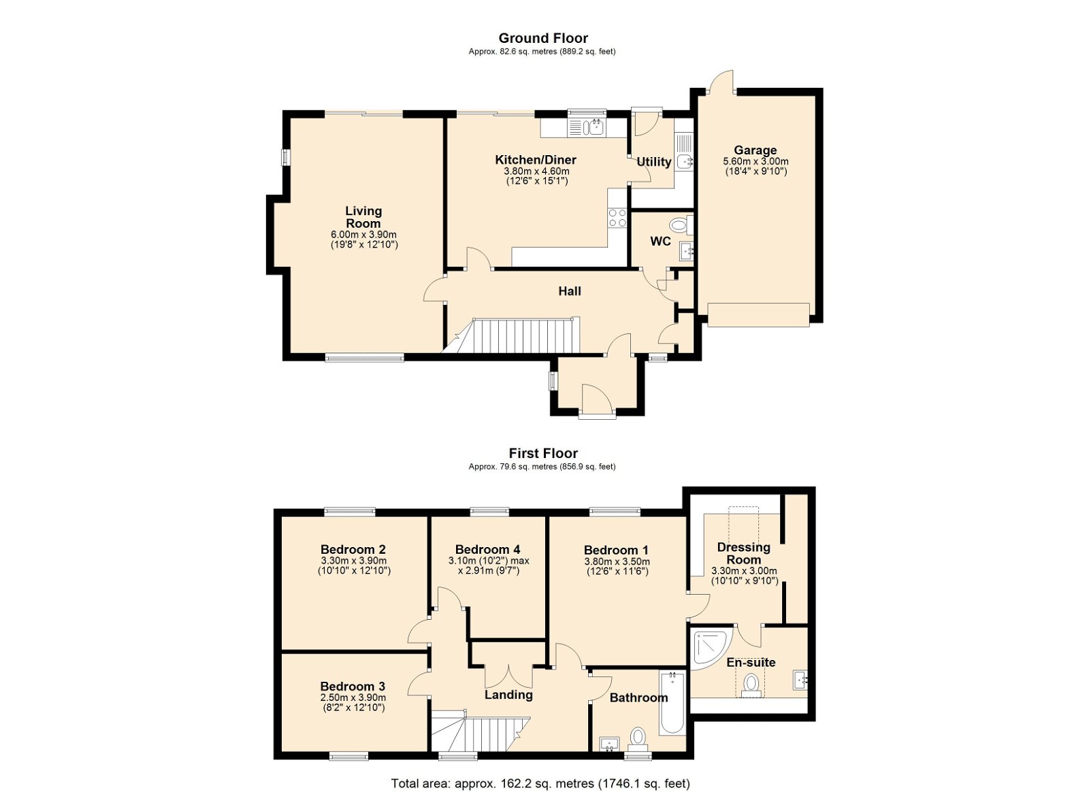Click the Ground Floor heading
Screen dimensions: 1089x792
(x=543, y=38)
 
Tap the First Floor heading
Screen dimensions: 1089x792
(x=543, y=453)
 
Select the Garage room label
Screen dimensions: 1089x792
(x=755, y=150)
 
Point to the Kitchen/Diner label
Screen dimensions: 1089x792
(x=536, y=160)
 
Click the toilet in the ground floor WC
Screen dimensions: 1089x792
(x=681, y=225)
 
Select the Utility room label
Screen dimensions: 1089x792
(x=654, y=162)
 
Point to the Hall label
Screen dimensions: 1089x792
(x=569, y=291)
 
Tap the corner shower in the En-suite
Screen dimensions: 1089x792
(x=710, y=650)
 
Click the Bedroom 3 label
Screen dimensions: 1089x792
(x=353, y=686)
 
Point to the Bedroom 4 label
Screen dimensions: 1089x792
(x=487, y=549)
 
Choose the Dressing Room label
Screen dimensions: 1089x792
(x=744, y=553)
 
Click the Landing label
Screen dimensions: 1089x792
(x=508, y=695)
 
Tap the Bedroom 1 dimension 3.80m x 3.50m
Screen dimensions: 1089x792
(x=617, y=562)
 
